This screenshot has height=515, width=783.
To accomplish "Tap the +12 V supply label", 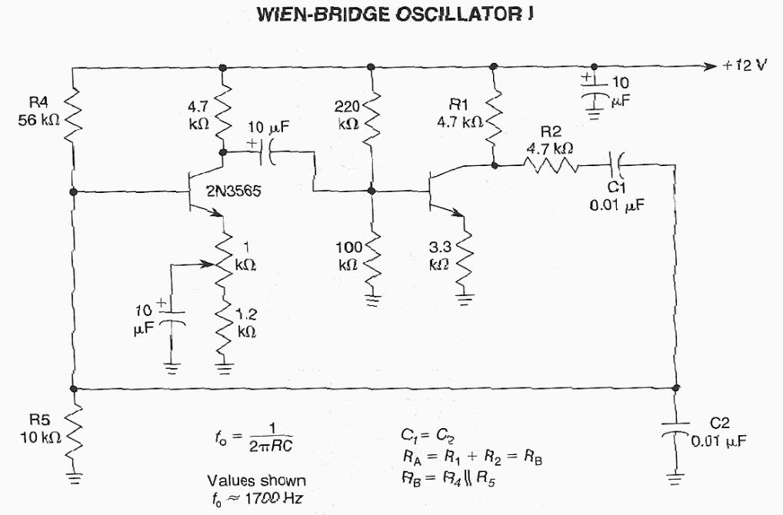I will [745, 66].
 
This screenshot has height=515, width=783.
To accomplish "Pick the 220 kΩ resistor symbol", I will [372, 115].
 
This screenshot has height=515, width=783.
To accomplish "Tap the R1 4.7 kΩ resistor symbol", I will [493, 115].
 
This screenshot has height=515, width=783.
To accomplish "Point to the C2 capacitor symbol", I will [676, 429].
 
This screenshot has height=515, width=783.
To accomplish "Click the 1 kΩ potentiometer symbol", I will [224, 257].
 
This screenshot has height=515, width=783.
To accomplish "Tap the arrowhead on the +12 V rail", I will [710, 66].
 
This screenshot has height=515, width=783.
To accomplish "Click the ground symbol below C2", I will [676, 480].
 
